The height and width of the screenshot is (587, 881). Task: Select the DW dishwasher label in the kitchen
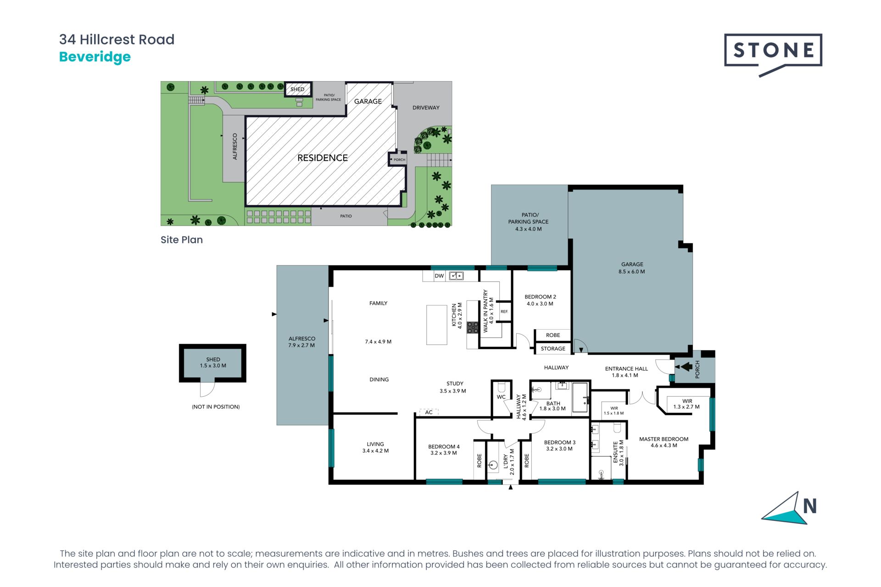[x=439, y=276]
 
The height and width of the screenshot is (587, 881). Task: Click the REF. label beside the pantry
[x=504, y=311]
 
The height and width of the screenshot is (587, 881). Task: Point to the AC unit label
[x=429, y=412]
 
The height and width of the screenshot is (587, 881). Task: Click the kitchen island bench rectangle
[x=436, y=325]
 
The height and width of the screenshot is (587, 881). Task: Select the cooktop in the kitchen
[x=473, y=327]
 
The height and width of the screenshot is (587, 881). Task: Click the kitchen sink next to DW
[x=456, y=276]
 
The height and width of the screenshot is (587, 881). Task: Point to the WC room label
[x=501, y=397]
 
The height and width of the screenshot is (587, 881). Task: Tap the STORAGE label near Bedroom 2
[x=553, y=349]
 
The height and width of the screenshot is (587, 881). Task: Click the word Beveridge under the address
[x=95, y=57]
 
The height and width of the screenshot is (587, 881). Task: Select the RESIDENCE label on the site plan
[x=323, y=158]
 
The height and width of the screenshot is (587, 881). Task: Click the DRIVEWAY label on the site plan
[x=426, y=108]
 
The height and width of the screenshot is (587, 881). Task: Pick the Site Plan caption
[x=182, y=240]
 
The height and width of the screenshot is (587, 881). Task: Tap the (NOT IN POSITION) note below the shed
[x=216, y=407]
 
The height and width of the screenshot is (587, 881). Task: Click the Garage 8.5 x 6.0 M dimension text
[x=632, y=271]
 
